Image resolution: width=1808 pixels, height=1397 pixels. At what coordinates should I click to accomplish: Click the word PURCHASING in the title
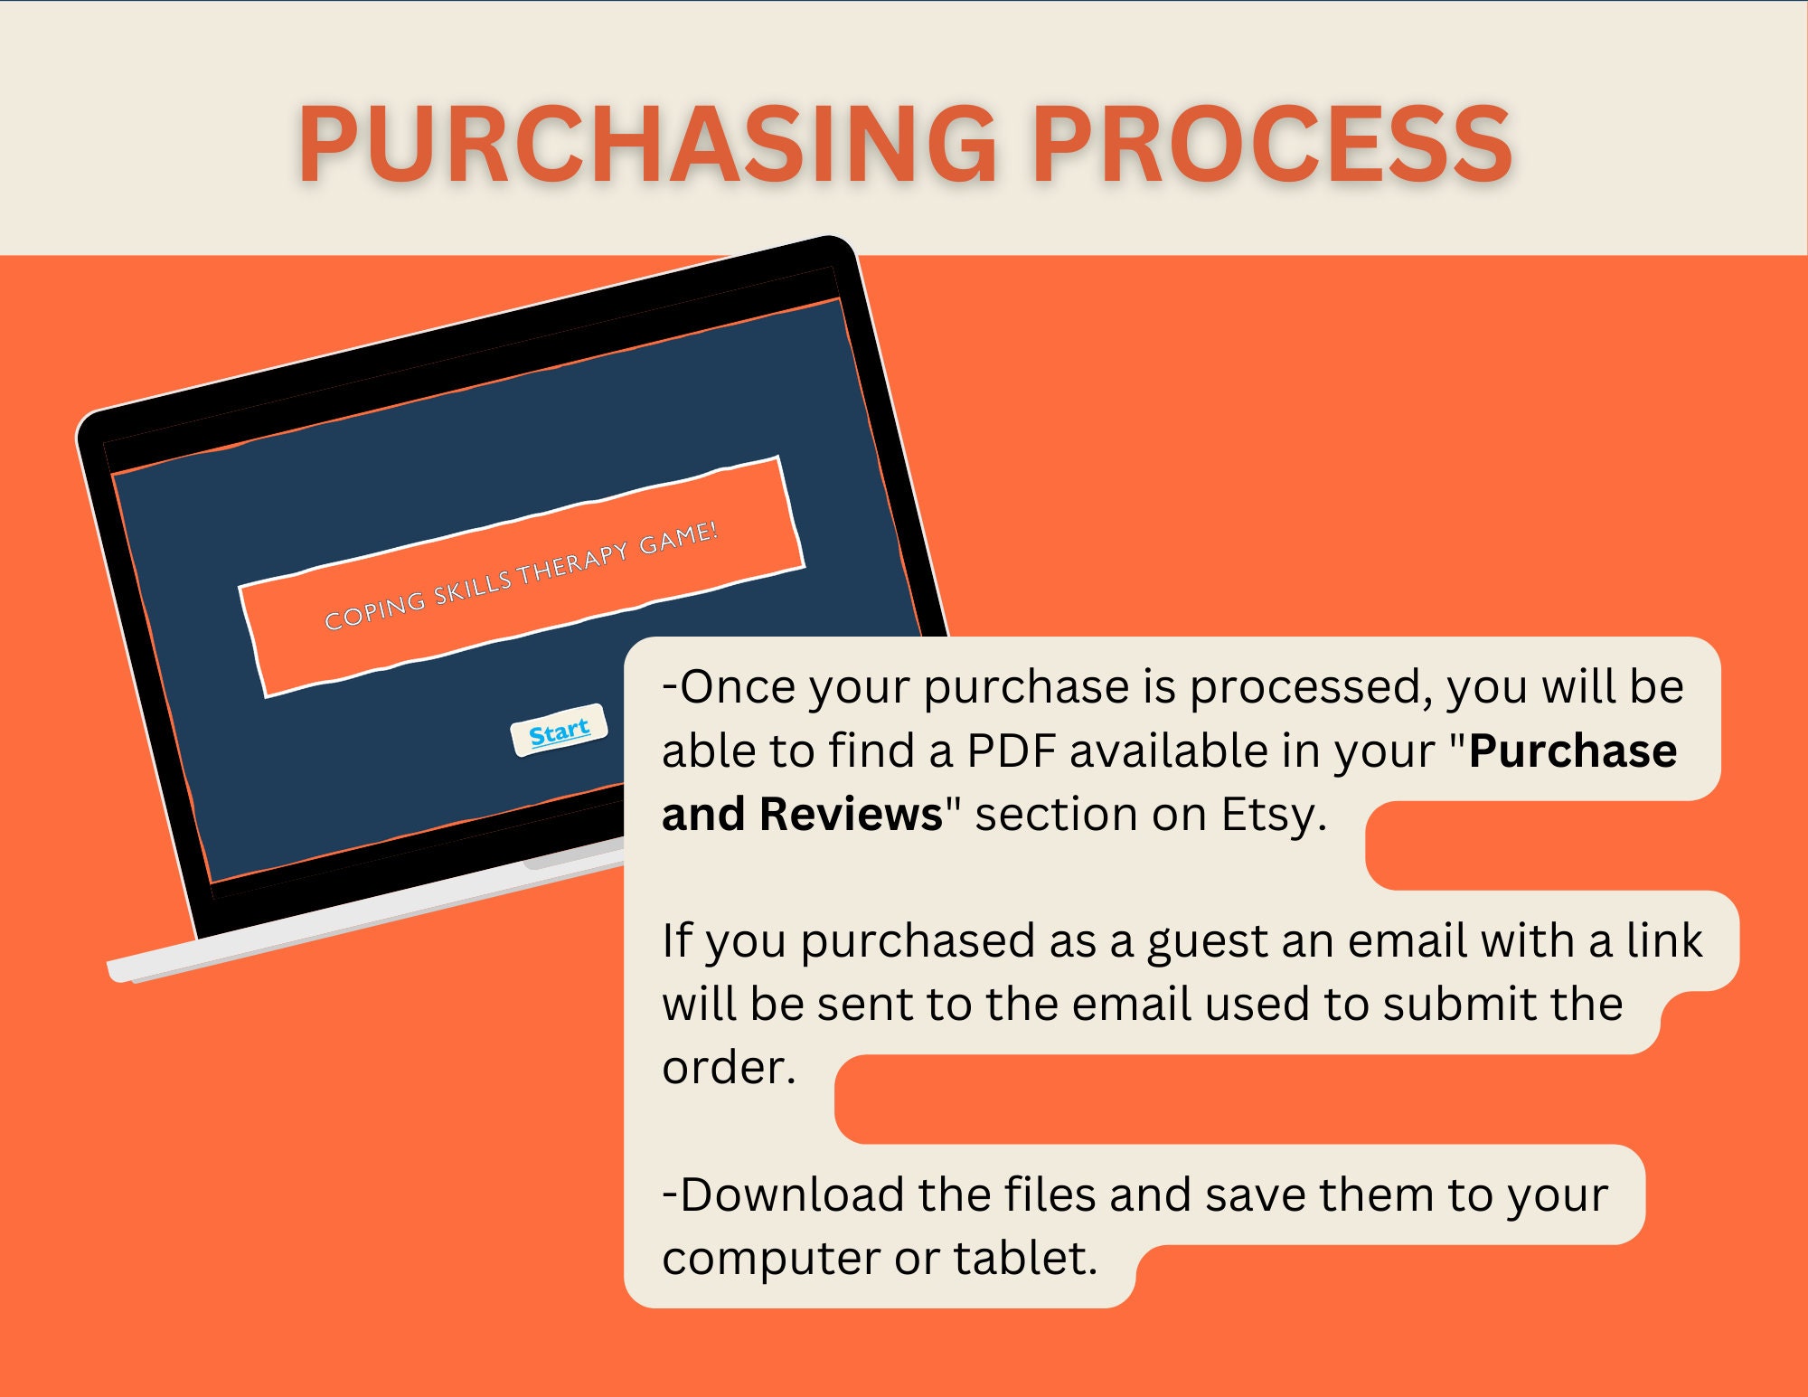click(x=647, y=144)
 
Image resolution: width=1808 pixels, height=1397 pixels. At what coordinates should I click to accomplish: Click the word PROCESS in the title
click(x=1273, y=144)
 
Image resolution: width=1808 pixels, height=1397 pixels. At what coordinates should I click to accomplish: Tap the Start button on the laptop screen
click(x=559, y=731)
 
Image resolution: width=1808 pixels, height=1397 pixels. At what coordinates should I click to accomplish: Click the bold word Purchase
click(x=1573, y=750)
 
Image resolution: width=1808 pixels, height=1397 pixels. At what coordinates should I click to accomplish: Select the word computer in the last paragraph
click(x=771, y=1260)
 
